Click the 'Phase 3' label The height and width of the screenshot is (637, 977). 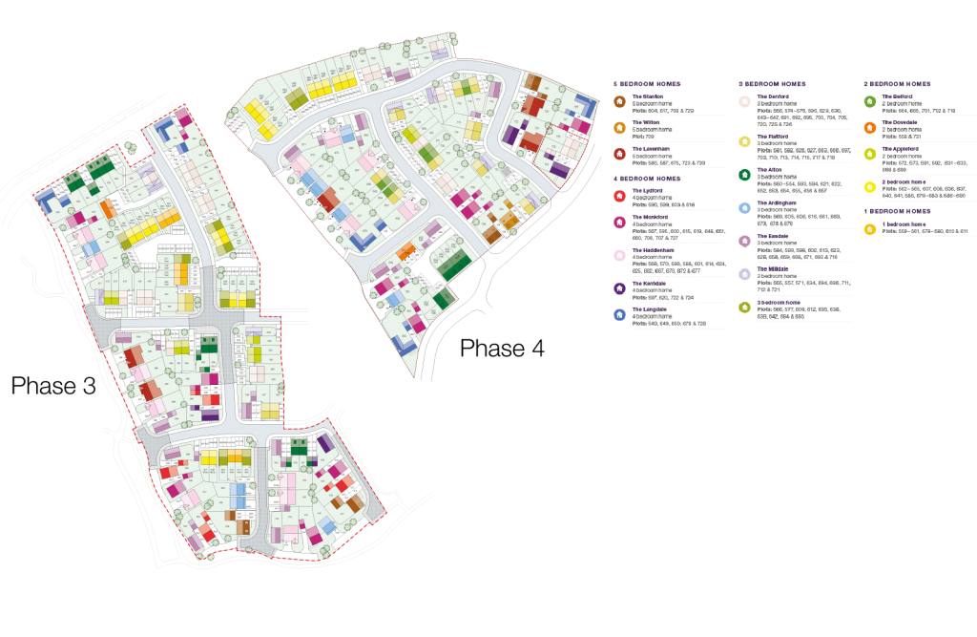(x=53, y=386)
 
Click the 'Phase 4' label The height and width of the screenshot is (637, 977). (x=502, y=348)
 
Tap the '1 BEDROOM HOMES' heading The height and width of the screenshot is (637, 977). (x=897, y=211)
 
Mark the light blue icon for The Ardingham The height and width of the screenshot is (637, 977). (x=744, y=206)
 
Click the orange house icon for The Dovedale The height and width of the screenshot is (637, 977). (x=869, y=126)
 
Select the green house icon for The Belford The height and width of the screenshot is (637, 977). (x=869, y=100)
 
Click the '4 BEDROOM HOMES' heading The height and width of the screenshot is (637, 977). (x=649, y=179)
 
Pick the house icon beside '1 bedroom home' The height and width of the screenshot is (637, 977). (x=869, y=227)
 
